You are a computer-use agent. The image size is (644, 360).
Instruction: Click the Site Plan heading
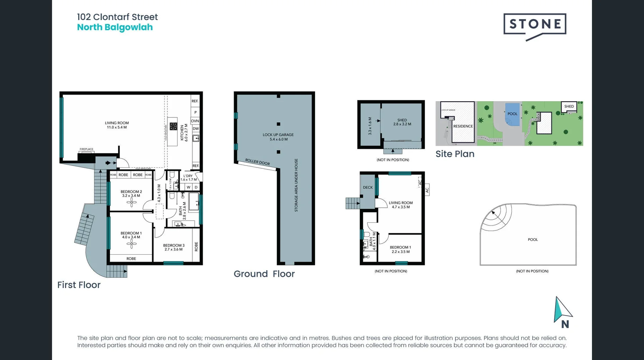455,154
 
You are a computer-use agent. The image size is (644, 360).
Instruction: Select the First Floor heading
79,285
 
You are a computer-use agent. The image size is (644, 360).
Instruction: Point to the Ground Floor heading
264,274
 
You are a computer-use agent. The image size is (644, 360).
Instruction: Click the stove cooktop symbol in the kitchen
173,126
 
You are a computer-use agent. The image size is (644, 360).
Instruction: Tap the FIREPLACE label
87,149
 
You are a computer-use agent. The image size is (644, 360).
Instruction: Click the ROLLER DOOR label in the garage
257,162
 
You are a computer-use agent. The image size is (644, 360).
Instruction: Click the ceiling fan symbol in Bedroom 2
131,202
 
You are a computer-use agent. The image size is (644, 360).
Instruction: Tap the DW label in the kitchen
196,129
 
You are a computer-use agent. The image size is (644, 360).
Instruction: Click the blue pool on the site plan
512,114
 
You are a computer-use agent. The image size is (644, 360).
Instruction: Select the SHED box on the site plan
569,107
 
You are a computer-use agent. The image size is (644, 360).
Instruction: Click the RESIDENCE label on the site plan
463,126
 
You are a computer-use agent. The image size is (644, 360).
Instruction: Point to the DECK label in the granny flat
368,188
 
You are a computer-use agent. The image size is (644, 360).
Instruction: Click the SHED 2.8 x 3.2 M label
402,122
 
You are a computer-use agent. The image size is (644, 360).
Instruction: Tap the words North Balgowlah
115,28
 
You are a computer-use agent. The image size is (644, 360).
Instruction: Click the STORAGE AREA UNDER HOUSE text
296,185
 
